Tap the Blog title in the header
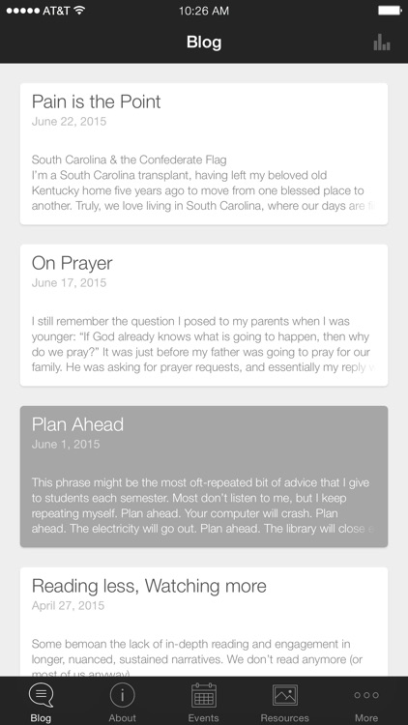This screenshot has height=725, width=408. tap(204, 43)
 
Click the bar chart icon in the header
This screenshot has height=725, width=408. tap(382, 42)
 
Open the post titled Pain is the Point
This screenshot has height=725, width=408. tap(96, 101)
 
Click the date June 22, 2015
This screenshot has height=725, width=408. tap(69, 122)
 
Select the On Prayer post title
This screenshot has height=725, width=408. tap(72, 263)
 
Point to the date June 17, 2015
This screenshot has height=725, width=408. tap(69, 283)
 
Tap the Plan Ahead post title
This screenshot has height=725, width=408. tap(77, 424)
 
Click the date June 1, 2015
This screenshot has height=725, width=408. tap(65, 445)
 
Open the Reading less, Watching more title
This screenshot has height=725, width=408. tap(149, 586)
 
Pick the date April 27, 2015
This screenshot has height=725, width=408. tap(69, 606)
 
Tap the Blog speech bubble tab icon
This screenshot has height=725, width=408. tap(41, 695)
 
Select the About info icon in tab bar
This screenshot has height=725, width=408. tap(122, 695)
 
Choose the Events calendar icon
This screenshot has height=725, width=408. tap(203, 695)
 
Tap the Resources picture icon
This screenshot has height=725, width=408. tap(285, 695)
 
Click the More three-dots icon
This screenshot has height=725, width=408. tap(366, 695)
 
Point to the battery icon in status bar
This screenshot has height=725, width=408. tap(389, 10)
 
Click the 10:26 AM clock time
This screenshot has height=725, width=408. tap(204, 10)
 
